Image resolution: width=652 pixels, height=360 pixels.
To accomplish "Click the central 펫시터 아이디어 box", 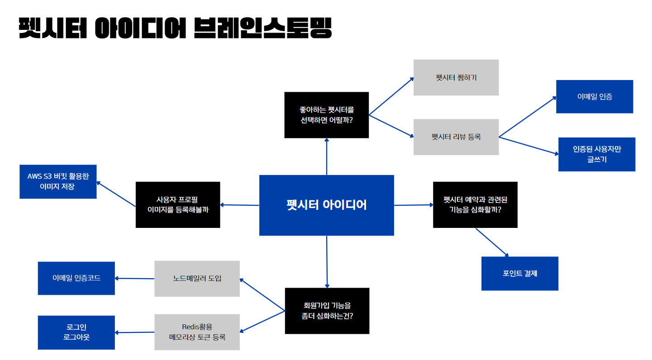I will click(x=326, y=205).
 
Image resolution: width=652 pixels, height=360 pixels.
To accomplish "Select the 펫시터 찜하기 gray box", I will click(x=456, y=77).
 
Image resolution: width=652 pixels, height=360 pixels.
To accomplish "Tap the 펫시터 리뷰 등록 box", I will click(x=456, y=137).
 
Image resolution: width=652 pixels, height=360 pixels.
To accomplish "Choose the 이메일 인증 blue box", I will click(x=595, y=97).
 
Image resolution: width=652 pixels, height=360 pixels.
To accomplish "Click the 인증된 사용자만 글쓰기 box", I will click(x=596, y=154).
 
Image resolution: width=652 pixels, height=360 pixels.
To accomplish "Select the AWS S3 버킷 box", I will click(x=58, y=181).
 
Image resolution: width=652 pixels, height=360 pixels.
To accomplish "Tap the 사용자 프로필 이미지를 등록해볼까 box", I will click(x=178, y=205).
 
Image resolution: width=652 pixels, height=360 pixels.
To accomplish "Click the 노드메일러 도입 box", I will click(x=197, y=279).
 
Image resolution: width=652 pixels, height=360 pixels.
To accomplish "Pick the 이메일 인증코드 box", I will click(x=76, y=278).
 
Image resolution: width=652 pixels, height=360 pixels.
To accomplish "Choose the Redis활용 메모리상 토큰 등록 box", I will click(x=197, y=332).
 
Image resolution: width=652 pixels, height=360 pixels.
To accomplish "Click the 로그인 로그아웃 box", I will click(x=76, y=332).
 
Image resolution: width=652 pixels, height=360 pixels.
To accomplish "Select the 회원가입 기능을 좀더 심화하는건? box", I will click(x=327, y=311).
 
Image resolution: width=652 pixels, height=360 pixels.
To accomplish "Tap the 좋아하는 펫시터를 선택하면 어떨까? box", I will click(x=326, y=115).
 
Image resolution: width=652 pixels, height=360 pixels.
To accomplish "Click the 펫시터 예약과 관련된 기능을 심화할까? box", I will click(x=475, y=205).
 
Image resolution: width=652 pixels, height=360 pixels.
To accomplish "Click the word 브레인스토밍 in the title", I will click(x=262, y=28).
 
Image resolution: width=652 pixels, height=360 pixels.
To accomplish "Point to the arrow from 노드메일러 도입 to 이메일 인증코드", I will click(x=135, y=279).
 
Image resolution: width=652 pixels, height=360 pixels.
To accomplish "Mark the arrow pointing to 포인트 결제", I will click(x=492, y=242).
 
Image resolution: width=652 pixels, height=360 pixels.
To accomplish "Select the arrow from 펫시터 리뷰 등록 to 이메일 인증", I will click(x=528, y=117).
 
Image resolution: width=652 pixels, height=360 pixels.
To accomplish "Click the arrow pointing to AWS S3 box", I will click(x=116, y=194).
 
